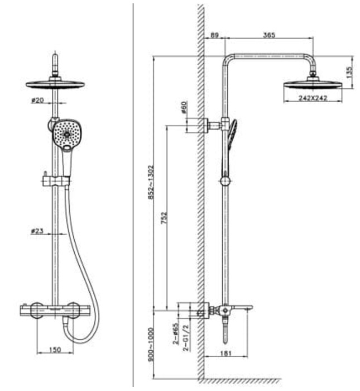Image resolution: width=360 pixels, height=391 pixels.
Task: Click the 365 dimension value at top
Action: click(270, 35)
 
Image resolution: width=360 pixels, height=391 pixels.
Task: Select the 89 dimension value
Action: click(214, 35)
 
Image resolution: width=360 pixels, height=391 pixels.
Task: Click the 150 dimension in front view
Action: click(54, 349)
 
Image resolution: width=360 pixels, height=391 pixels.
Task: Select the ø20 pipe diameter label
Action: click(39, 101)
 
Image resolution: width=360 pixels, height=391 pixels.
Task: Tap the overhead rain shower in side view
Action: click(313, 84)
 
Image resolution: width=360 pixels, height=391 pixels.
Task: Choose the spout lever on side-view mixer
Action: click(243, 308)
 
